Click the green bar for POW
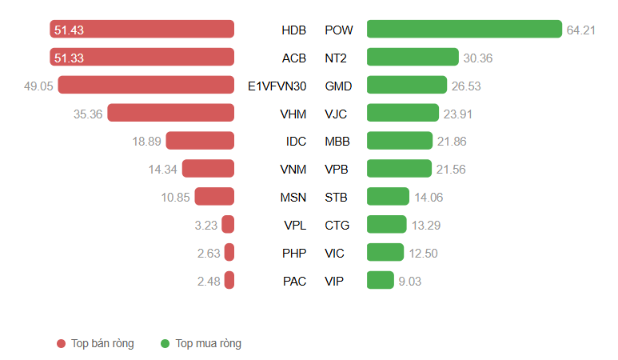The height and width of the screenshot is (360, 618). point(464,30)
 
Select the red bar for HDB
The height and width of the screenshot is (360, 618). point(142,30)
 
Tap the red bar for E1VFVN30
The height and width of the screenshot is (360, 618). point(146,85)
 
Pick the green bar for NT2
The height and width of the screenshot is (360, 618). point(413,57)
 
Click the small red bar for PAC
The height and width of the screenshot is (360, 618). point(229,280)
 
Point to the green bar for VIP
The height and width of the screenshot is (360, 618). point(381,280)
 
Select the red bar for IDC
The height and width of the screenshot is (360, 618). point(200,141)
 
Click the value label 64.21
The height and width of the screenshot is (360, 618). point(582,30)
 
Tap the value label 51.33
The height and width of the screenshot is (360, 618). point(69,58)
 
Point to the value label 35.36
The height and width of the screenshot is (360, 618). point(88,114)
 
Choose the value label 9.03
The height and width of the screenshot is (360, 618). point(410,281)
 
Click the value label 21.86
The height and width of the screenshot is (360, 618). point(452,142)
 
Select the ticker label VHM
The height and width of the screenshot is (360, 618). point(293,114)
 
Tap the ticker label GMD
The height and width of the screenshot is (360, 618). point(339,86)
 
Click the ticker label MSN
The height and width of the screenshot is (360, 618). point(293,197)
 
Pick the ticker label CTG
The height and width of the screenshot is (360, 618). point(337,225)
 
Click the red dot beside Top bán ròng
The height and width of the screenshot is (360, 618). point(61,344)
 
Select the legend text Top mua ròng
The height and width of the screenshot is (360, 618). point(208,344)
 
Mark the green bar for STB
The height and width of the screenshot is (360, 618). point(388,197)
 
